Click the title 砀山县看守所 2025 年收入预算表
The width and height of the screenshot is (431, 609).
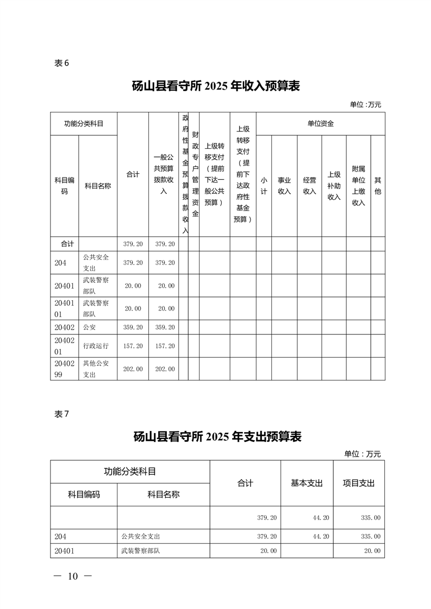pyautogui.click(x=216, y=86)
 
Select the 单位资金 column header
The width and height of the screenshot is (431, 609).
pyautogui.click(x=320, y=124)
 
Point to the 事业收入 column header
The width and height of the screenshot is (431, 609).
pyautogui.click(x=284, y=186)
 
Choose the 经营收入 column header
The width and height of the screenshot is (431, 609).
pyautogui.click(x=309, y=186)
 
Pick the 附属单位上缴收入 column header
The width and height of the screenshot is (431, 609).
pyautogui.click(x=358, y=186)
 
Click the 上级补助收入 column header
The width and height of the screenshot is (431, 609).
pyautogui.click(x=334, y=186)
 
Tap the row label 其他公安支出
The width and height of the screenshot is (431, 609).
pyautogui.click(x=96, y=369)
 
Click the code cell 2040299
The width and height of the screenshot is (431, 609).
pyautogui.click(x=64, y=369)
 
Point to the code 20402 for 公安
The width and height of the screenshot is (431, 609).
pyautogui.click(x=64, y=327)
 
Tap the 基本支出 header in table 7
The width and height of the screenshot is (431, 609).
pyautogui.click(x=307, y=483)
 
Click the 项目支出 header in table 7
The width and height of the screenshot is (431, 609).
pyautogui.click(x=358, y=483)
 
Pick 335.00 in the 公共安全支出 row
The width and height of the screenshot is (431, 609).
pyautogui.click(x=370, y=536)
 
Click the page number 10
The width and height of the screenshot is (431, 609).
pyautogui.click(x=73, y=576)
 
